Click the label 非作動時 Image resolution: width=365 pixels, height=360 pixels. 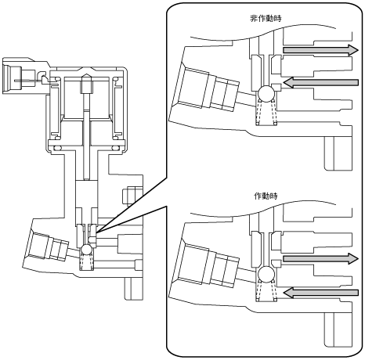point(266,19)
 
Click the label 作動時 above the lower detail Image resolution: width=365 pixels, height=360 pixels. point(266,196)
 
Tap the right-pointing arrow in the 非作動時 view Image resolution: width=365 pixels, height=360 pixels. point(320,50)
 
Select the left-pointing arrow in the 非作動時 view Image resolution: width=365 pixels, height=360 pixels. point(320,83)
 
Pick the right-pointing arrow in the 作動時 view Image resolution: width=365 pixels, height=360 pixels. point(320,258)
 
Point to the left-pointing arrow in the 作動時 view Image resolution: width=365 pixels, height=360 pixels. point(320,293)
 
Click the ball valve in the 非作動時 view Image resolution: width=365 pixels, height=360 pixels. point(266,94)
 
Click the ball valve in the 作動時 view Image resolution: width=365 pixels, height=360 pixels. point(266,274)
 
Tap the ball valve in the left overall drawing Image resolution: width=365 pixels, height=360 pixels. point(86,249)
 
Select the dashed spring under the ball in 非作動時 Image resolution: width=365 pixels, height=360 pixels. point(266,112)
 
